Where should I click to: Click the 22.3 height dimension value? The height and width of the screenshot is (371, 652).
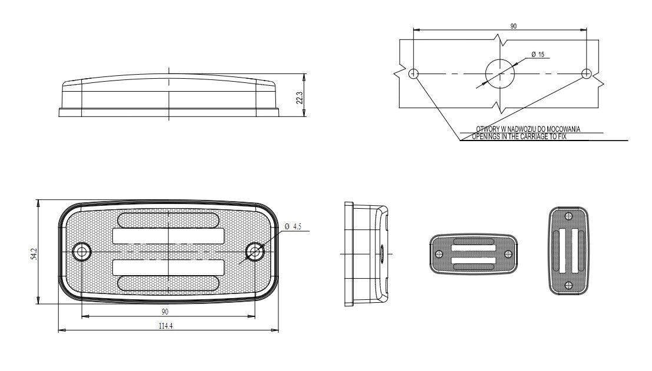click(300, 98)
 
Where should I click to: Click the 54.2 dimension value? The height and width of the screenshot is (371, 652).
click(34, 254)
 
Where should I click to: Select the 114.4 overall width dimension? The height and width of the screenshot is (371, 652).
click(165, 326)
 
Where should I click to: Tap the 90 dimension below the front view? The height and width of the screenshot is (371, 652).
click(165, 312)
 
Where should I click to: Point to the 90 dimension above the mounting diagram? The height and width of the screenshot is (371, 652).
click(514, 26)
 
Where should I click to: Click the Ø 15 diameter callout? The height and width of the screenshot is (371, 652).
click(538, 55)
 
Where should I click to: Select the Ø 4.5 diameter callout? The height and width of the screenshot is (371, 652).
click(293, 226)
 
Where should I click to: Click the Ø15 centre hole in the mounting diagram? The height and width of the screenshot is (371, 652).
click(500, 74)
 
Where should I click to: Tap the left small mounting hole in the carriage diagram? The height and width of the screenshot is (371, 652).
click(413, 74)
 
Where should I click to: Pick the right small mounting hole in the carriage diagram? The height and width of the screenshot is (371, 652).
click(586, 74)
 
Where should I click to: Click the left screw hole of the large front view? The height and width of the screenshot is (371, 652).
click(82, 251)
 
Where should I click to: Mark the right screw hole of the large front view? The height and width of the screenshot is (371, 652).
click(254, 251)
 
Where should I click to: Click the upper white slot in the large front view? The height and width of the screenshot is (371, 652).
click(168, 236)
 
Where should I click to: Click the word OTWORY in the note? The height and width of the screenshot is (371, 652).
click(486, 129)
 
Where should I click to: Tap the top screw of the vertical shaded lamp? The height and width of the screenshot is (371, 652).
click(568, 216)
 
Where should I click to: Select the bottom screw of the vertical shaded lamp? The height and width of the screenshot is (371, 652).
click(568, 285)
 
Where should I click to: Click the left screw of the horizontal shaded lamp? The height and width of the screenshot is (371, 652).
click(439, 254)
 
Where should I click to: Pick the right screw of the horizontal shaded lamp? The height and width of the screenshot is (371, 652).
click(508, 254)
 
